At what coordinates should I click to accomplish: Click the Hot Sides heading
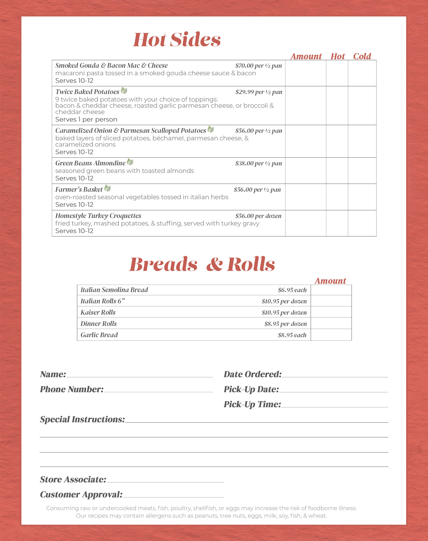(177, 40)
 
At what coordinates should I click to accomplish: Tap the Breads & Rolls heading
(202, 264)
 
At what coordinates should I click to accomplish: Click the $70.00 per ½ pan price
(258, 66)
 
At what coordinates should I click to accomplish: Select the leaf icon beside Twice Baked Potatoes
(124, 90)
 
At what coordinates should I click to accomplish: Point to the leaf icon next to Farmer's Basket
(108, 188)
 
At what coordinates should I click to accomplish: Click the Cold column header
(362, 56)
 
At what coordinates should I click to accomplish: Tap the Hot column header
(338, 56)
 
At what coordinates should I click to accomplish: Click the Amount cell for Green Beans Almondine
(305, 170)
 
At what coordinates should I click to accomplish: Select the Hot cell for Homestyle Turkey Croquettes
(337, 223)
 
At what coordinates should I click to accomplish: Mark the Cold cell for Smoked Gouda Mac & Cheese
(362, 73)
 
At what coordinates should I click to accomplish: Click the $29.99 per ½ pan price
(259, 92)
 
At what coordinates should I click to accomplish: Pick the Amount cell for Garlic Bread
(331, 335)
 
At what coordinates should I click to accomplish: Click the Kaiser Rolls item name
(98, 312)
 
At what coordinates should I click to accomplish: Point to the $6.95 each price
(292, 290)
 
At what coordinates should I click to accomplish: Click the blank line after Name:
(139, 374)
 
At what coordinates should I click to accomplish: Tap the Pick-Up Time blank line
(335, 405)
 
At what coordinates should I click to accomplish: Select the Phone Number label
(71, 389)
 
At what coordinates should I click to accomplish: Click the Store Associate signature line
(165, 480)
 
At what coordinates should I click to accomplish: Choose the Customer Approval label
(81, 494)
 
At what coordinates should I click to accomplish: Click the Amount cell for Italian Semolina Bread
(331, 290)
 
